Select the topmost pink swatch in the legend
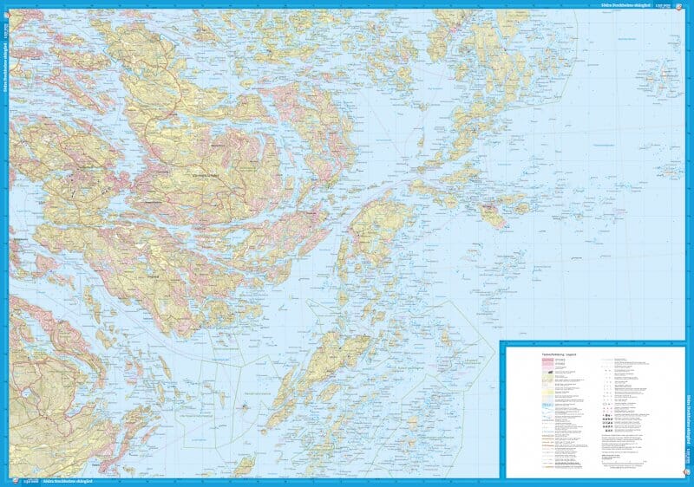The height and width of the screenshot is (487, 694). point(526,362)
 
